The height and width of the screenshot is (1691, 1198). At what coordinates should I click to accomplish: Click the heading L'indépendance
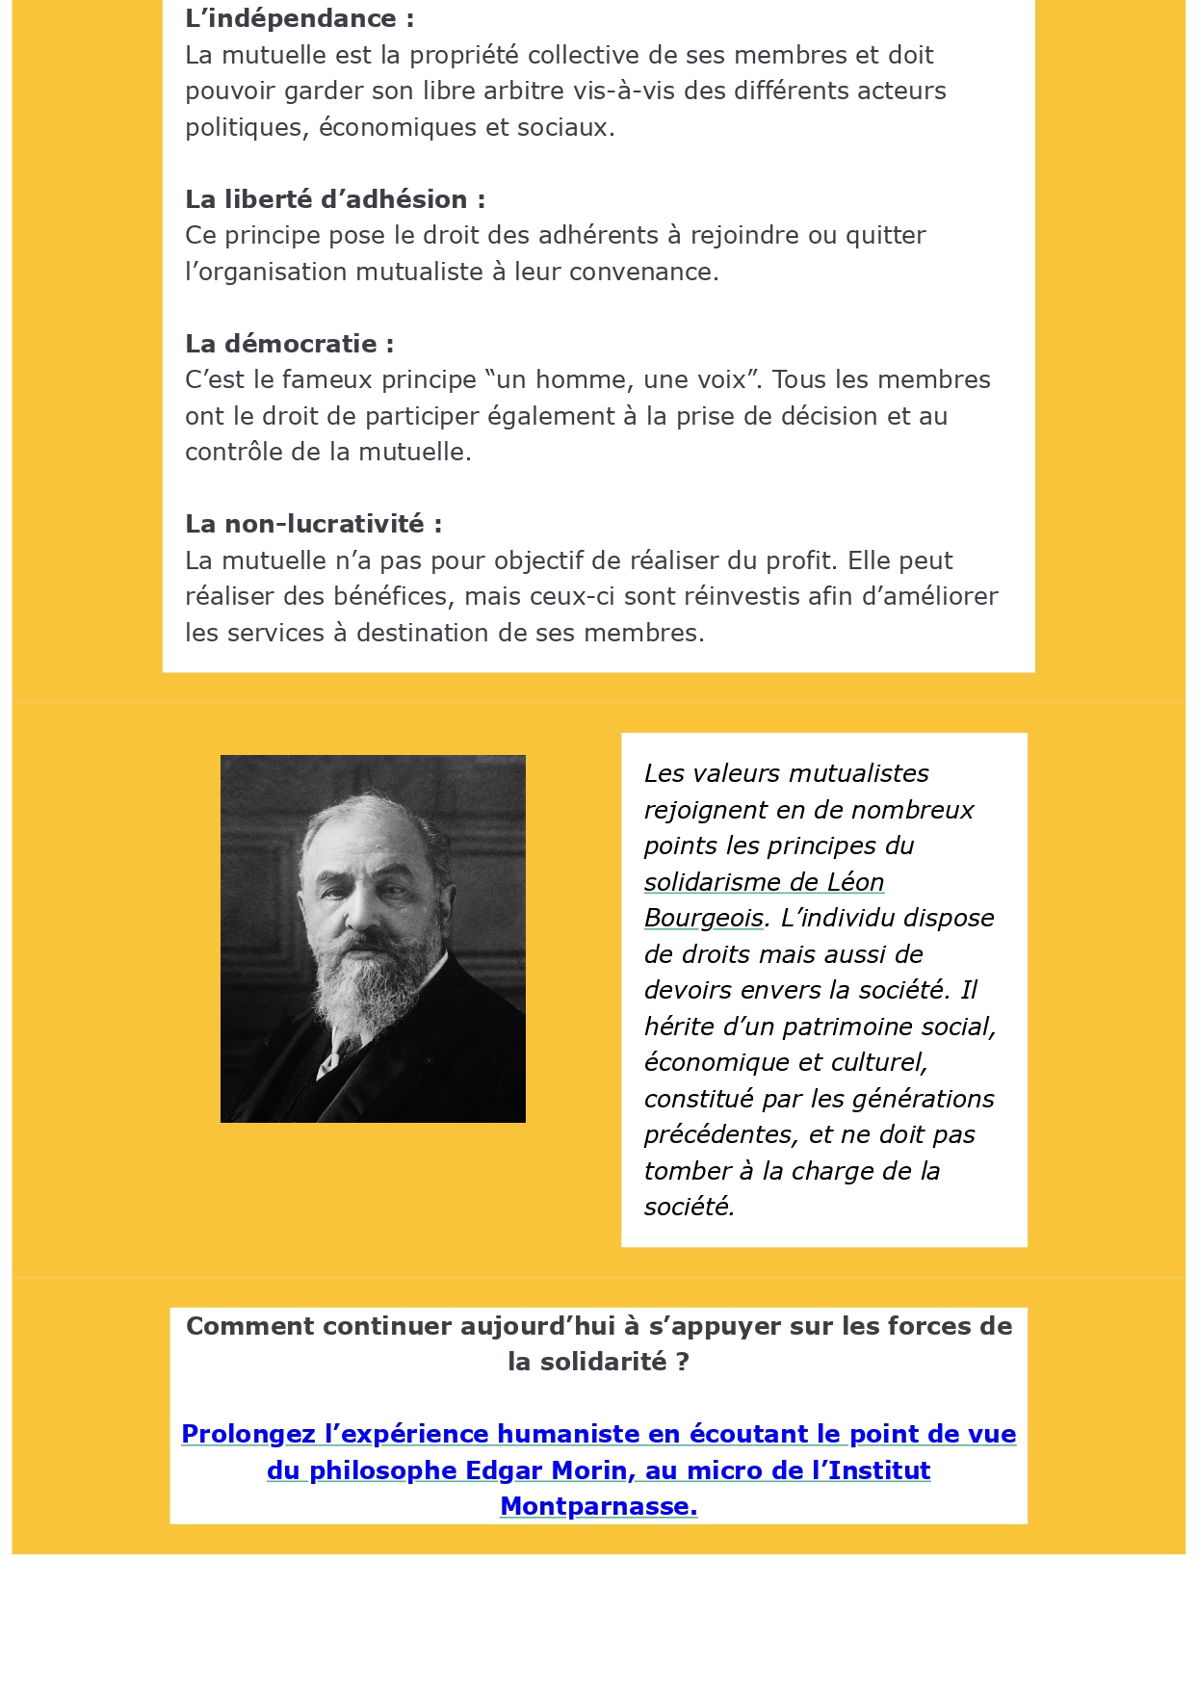(x=299, y=18)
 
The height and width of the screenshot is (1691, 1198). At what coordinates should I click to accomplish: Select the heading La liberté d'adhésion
(x=334, y=199)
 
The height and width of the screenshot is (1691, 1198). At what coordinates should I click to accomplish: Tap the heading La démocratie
(x=289, y=344)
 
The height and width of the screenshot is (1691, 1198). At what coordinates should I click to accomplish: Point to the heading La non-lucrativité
(x=313, y=524)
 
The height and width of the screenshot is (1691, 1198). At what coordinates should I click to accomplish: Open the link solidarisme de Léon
(x=764, y=882)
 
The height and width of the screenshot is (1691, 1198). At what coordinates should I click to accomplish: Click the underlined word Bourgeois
(x=703, y=918)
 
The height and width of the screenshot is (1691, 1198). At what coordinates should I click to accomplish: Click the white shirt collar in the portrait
(x=332, y=1059)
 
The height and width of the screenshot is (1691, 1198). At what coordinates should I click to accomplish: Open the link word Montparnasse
(x=598, y=1506)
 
